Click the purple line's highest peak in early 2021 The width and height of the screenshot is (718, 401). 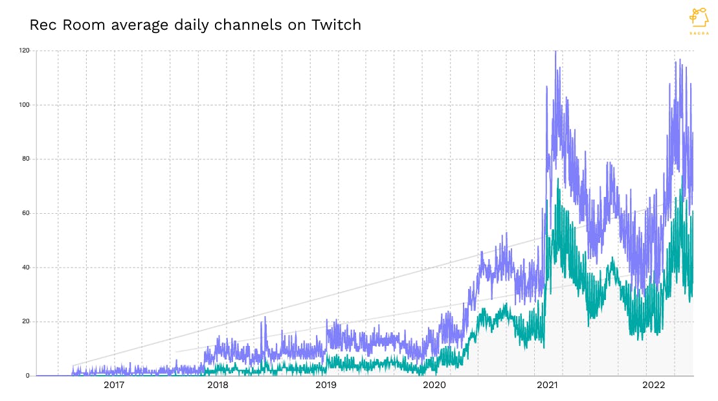555,52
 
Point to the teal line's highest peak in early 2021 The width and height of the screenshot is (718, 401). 558,179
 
